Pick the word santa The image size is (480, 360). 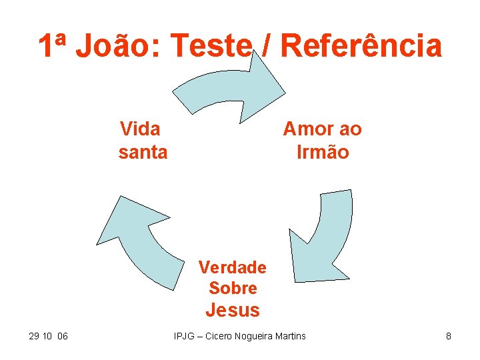tap(143, 152)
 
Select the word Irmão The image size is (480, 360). tap(323, 152)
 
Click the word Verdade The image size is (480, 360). tap(233, 267)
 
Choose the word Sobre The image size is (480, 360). tap(233, 288)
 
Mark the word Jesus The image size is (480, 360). tap(233, 310)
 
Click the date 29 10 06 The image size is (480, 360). tap(49, 336)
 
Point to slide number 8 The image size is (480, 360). tap(449, 336)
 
